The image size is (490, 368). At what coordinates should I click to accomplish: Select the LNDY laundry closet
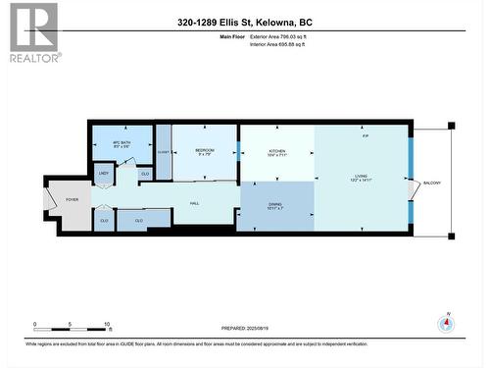click(103, 174)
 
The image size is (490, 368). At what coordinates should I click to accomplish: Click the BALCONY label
click(431, 184)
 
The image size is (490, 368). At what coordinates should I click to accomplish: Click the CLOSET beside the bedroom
click(164, 153)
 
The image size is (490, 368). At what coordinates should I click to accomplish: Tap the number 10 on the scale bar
click(107, 324)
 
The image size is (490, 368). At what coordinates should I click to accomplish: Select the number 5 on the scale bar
click(71, 324)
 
